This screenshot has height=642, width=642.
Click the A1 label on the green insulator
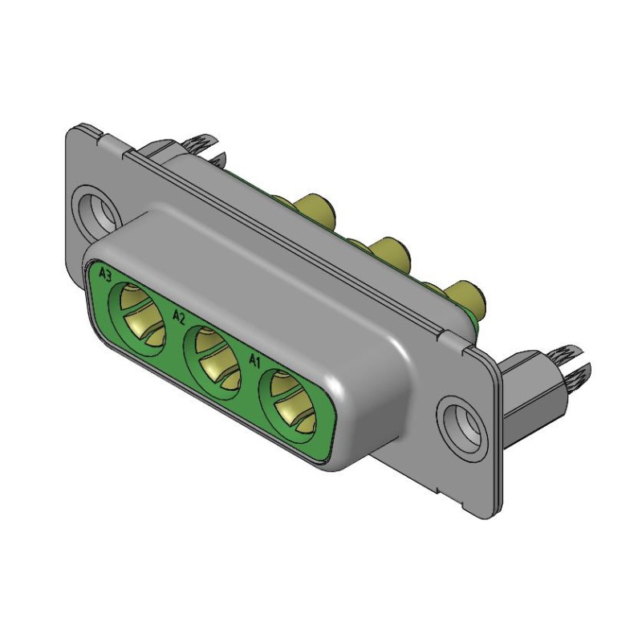254,360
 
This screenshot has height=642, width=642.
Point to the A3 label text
104,274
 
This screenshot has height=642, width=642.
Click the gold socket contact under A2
214,356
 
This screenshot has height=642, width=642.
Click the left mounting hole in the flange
95,207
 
